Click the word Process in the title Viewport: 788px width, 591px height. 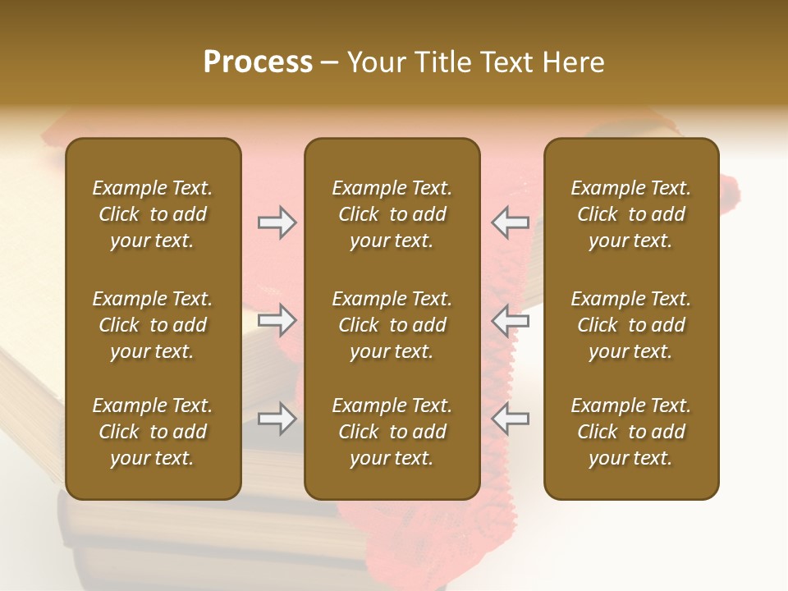pyautogui.click(x=258, y=62)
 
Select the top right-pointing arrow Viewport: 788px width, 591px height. pyautogui.click(x=277, y=222)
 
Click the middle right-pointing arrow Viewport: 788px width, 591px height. pyautogui.click(x=277, y=319)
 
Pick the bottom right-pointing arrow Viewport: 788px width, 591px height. pyautogui.click(x=277, y=419)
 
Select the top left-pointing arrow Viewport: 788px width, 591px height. pyautogui.click(x=511, y=222)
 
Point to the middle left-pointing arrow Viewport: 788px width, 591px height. pyautogui.click(x=511, y=319)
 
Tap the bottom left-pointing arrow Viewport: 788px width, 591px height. pyautogui.click(x=511, y=419)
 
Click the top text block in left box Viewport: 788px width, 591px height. pyautogui.click(x=153, y=214)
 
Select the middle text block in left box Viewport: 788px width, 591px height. pyautogui.click(x=153, y=325)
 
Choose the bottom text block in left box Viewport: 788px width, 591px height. pyautogui.click(x=153, y=432)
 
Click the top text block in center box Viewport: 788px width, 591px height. pyautogui.click(x=392, y=214)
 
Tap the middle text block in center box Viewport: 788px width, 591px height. pyautogui.click(x=392, y=325)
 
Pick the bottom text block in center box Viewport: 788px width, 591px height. pyautogui.click(x=392, y=432)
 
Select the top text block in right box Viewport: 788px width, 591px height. pyautogui.click(x=630, y=214)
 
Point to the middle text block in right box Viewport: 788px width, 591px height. pyautogui.click(x=630, y=325)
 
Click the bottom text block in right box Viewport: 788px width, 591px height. pyautogui.click(x=630, y=432)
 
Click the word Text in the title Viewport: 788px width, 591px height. pyautogui.click(x=503, y=62)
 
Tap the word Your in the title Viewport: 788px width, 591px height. pyautogui.click(x=376, y=62)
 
